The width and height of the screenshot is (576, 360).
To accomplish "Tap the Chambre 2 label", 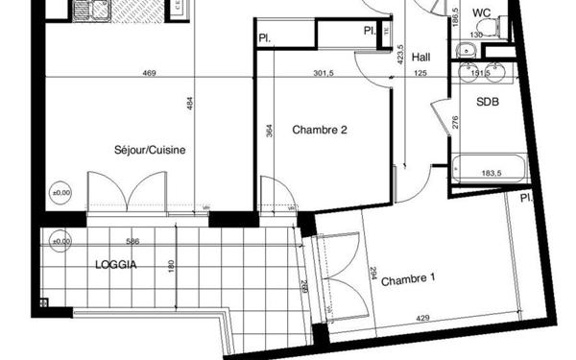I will (320, 131).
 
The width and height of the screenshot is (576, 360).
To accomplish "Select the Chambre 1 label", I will (409, 280).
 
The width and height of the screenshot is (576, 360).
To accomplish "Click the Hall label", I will (420, 57).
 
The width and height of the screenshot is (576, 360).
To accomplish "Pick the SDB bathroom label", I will (486, 99).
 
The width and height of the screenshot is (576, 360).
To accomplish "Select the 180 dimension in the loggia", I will (172, 266).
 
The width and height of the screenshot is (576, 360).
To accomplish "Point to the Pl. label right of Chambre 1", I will (527, 199).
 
